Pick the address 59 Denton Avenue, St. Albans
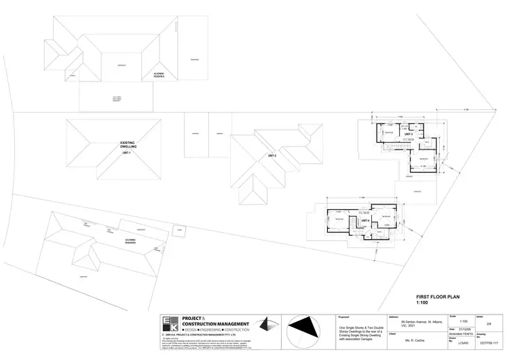[415, 323]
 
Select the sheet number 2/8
[487, 323]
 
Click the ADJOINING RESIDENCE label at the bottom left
[133, 241]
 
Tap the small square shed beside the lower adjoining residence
[178, 230]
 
